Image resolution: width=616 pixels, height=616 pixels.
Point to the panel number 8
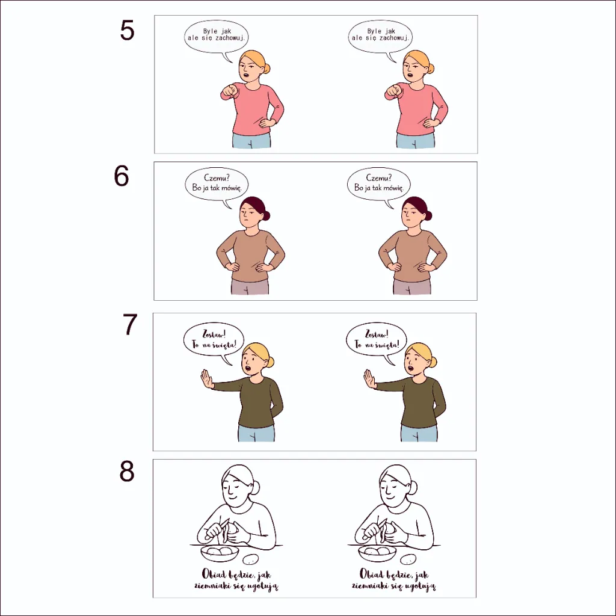coord(127,472)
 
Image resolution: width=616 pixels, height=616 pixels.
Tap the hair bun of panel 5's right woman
coord(431,69)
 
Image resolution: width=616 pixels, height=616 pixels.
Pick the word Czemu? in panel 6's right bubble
coord(379,177)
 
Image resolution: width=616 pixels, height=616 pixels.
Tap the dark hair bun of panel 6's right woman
coord(428,215)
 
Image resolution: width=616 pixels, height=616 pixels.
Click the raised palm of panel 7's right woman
coord(369,379)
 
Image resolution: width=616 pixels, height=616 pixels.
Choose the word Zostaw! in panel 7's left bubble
coord(214,334)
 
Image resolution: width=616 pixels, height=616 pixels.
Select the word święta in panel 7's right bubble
coord(387,345)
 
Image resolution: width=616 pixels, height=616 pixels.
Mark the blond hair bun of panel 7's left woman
coord(270,362)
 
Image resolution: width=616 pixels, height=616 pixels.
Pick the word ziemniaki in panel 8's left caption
coord(213,586)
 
